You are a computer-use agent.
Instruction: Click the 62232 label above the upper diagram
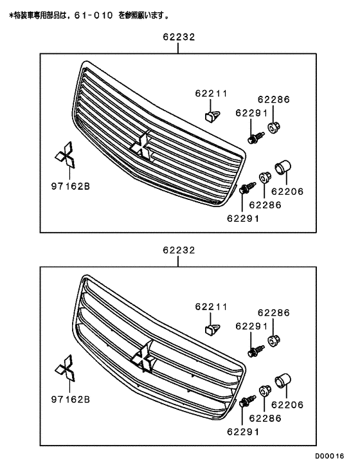(x=179, y=39)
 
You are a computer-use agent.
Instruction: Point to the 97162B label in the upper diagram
(x=71, y=186)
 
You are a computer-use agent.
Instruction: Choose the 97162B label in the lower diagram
(x=71, y=399)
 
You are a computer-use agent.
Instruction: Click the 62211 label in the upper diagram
(x=212, y=93)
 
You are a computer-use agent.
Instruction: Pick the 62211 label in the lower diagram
(x=212, y=305)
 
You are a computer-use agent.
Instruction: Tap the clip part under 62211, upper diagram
(x=212, y=116)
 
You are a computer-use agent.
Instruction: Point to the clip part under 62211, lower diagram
(x=212, y=329)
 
